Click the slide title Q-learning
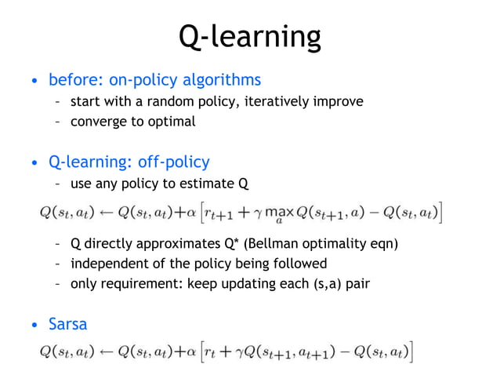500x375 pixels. click(x=249, y=36)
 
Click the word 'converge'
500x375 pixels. click(x=97, y=122)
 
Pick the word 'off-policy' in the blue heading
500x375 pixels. click(x=174, y=162)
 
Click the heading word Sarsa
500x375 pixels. click(x=68, y=324)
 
